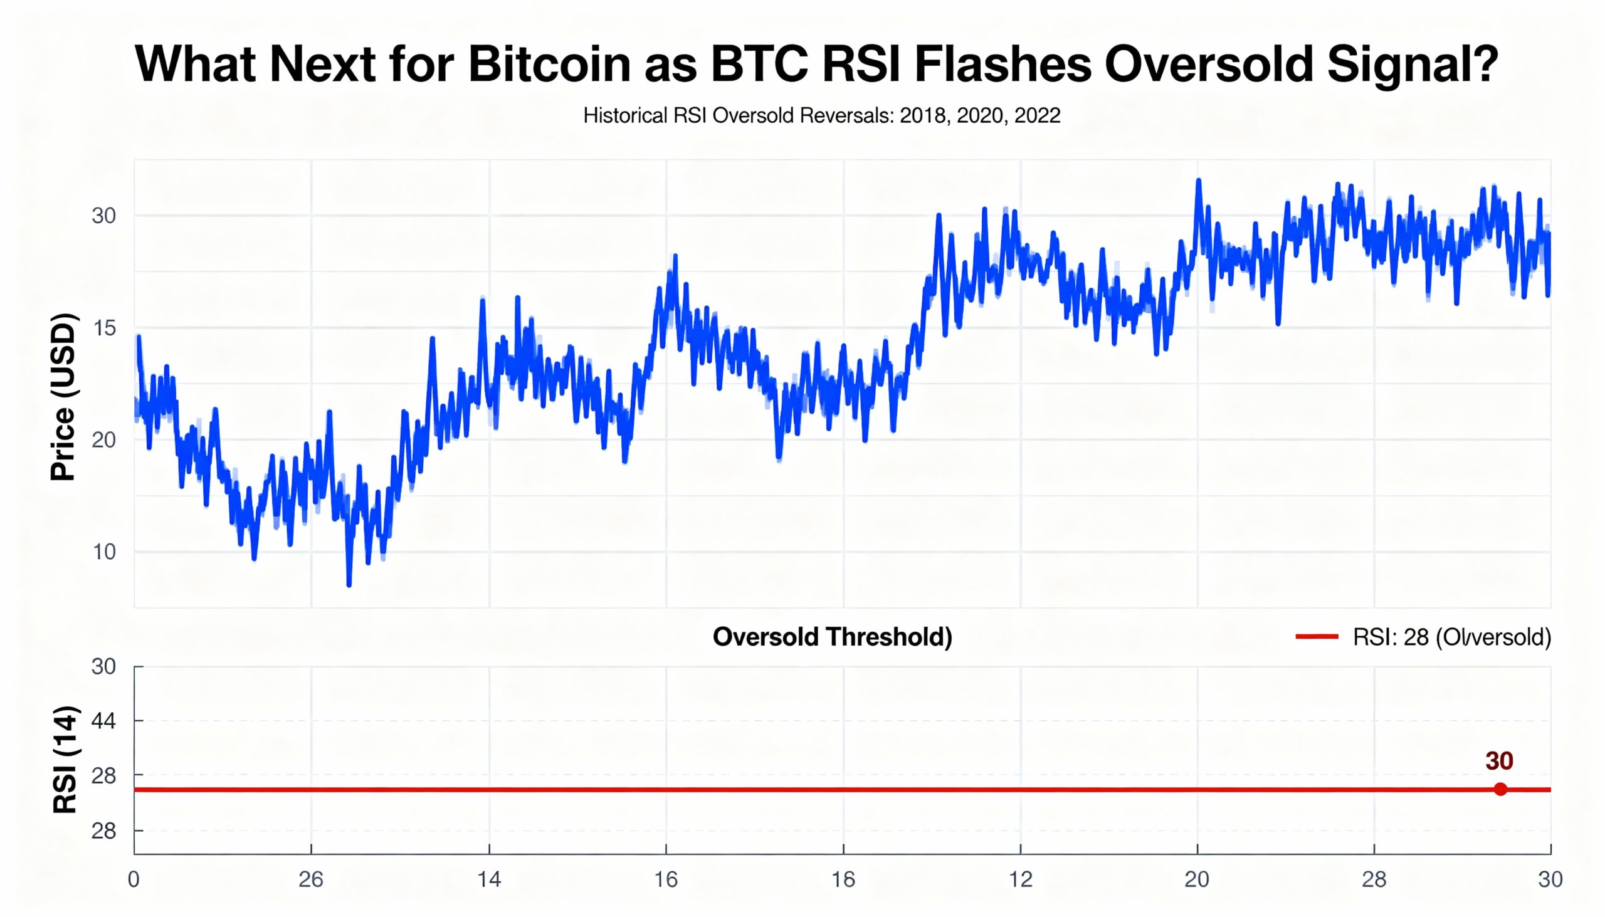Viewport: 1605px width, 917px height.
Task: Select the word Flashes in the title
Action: (x=1002, y=64)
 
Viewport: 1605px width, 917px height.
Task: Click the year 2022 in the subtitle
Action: (x=1037, y=116)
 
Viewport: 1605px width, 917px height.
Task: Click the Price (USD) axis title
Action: (x=63, y=397)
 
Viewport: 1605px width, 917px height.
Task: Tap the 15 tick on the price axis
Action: (x=104, y=328)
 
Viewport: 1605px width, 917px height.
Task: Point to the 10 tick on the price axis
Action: (x=104, y=552)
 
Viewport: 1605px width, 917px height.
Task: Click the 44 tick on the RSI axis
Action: (x=104, y=721)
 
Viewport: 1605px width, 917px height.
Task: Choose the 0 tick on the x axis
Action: (x=134, y=879)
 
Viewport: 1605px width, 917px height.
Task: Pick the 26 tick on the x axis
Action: (x=310, y=879)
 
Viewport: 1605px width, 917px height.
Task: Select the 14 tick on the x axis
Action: (x=489, y=879)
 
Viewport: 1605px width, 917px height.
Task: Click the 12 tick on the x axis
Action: (x=1021, y=879)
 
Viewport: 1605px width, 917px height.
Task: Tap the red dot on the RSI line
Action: (x=1500, y=789)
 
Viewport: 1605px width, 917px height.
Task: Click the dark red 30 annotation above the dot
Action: (x=1499, y=761)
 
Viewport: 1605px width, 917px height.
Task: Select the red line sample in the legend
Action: (x=1317, y=637)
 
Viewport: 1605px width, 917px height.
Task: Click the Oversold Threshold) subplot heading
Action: (x=832, y=637)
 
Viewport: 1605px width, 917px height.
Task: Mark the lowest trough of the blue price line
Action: (x=349, y=584)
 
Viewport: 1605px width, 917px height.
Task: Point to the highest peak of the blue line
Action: (x=1199, y=181)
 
